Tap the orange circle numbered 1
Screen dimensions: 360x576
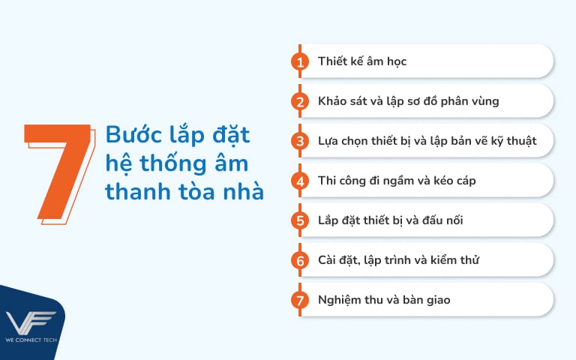point(300,61)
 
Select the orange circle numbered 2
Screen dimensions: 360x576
point(300,101)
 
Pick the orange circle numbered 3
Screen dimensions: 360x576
point(300,141)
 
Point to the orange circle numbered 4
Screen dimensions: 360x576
point(300,181)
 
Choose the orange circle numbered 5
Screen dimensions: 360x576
point(300,220)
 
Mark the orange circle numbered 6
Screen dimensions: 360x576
point(300,260)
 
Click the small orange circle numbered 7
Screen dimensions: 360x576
point(300,300)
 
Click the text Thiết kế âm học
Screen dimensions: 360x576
point(361,61)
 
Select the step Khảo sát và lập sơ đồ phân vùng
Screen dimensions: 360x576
point(408,101)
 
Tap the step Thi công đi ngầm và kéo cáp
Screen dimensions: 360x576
point(396,181)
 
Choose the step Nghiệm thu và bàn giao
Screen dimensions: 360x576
point(383,300)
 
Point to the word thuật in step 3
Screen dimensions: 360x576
point(517,141)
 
